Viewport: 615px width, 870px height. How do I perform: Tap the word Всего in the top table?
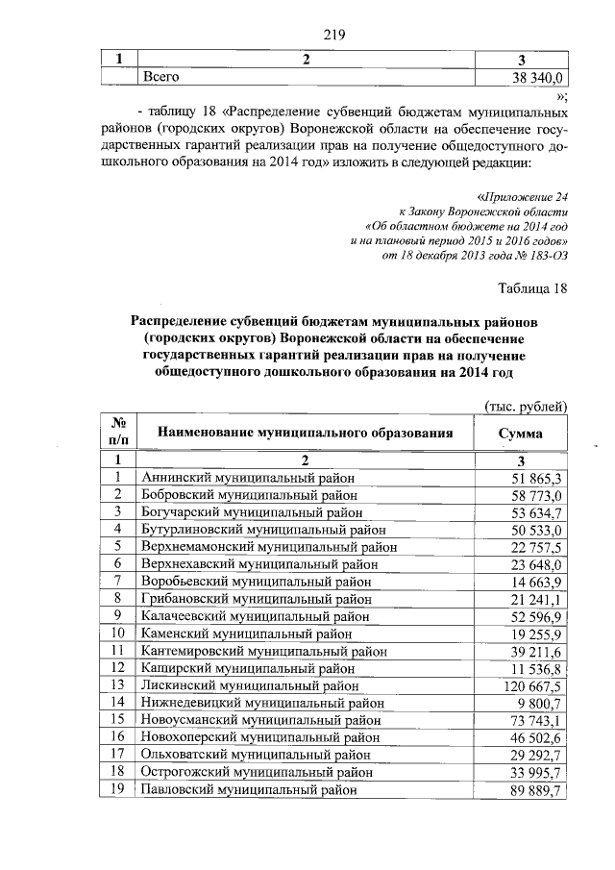pyautogui.click(x=160, y=76)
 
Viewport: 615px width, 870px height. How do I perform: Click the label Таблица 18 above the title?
pyautogui.click(x=533, y=287)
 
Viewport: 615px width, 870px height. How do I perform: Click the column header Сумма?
pyautogui.click(x=520, y=434)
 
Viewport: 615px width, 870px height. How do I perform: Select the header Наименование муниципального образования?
pyautogui.click(x=305, y=434)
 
